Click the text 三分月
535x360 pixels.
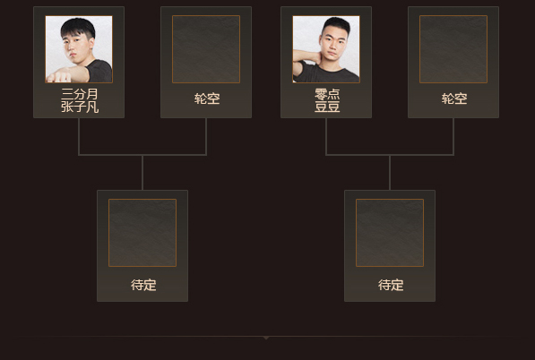coord(80,94)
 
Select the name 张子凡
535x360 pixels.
coord(80,107)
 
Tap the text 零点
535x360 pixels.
coord(327,94)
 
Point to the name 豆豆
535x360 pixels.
coord(327,107)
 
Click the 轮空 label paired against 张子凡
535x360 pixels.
coord(207,99)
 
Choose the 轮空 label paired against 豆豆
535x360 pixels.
coord(454,99)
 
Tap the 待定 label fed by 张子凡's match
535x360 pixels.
coord(143,285)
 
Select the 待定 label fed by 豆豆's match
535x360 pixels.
coord(391,285)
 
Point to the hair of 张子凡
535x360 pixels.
coord(78,27)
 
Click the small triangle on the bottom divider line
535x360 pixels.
coord(266,338)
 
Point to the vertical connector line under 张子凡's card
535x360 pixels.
coord(79,136)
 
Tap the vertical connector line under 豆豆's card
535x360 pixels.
coord(326,136)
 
